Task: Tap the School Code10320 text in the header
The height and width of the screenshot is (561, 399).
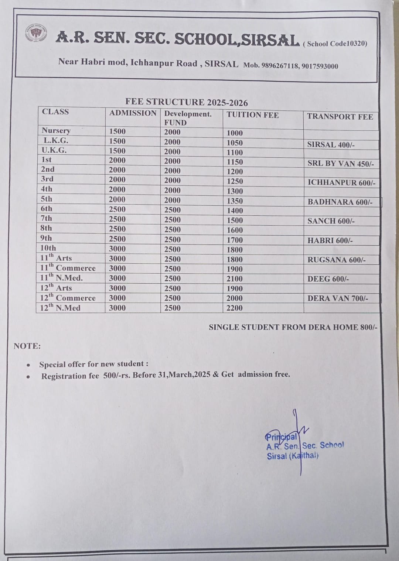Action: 335,44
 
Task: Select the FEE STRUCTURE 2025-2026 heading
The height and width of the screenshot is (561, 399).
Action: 187,102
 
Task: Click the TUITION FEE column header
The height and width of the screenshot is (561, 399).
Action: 253,115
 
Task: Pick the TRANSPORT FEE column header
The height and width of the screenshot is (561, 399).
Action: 340,117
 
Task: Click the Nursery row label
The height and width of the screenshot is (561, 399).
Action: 56,130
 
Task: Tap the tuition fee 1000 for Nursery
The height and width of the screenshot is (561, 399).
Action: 235,133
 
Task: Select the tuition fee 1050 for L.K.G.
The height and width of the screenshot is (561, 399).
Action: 235,143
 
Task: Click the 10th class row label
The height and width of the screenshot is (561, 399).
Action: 48,248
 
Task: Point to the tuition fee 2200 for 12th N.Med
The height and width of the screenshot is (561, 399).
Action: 235,308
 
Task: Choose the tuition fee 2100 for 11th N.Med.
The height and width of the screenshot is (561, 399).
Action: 235,279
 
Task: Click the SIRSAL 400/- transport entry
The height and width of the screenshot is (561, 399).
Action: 331,145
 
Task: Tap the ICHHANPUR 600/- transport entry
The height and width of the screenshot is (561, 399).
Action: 341,183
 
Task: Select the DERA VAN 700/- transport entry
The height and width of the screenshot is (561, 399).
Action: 338,298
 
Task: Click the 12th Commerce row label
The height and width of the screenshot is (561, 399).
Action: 68,298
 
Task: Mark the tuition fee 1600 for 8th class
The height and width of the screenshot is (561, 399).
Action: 235,230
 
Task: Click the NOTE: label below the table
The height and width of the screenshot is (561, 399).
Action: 27,346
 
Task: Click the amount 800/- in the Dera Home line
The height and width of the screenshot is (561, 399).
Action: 369,327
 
